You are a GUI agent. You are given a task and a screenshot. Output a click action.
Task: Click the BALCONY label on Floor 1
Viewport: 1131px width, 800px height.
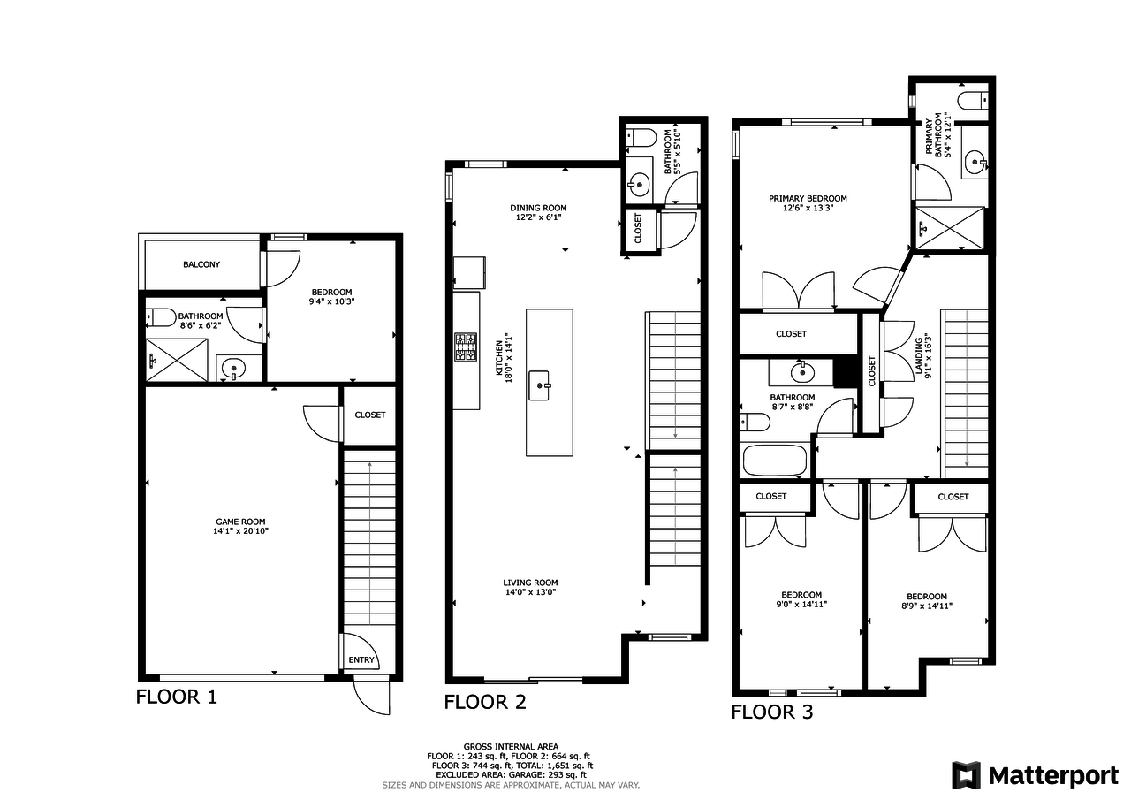(x=201, y=264)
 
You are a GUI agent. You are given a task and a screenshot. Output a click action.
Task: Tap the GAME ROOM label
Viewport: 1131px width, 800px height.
(x=240, y=522)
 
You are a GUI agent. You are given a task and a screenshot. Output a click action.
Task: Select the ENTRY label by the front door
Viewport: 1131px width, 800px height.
(x=361, y=660)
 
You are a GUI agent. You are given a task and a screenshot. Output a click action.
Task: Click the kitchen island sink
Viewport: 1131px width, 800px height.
(x=540, y=386)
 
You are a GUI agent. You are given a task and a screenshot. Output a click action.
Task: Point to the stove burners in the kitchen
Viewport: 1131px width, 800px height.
(x=466, y=347)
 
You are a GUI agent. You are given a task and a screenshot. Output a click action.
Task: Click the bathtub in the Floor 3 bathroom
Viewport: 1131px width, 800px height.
(x=775, y=460)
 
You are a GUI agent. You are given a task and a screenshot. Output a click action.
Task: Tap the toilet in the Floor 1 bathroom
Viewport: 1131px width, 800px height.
(x=161, y=317)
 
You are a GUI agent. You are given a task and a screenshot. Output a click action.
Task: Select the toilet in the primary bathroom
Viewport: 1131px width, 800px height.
(x=973, y=101)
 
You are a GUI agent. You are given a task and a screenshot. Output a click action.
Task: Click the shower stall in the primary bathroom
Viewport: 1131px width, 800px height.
(x=950, y=228)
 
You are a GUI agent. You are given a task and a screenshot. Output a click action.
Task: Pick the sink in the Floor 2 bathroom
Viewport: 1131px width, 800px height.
(x=639, y=185)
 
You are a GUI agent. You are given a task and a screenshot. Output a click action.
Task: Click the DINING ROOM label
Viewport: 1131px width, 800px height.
(x=538, y=208)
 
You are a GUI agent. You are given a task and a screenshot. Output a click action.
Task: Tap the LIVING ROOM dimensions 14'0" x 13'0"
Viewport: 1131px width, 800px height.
(x=531, y=592)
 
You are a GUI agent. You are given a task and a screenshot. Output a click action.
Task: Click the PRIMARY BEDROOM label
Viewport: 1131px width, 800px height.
(x=808, y=199)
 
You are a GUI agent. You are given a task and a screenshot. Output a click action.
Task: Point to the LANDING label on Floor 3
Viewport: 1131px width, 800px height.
(x=919, y=356)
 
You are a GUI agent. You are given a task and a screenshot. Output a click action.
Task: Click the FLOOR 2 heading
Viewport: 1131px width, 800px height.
(x=485, y=702)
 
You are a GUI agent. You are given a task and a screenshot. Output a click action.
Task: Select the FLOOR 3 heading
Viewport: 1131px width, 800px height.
(x=772, y=712)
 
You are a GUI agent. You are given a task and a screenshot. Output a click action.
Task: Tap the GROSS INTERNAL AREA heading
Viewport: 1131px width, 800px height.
(x=511, y=746)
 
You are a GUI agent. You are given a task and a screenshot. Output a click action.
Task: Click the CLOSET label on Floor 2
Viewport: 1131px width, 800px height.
(x=638, y=228)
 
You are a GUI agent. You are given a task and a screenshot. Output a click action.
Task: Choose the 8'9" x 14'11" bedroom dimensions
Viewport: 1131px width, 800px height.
(x=927, y=606)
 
